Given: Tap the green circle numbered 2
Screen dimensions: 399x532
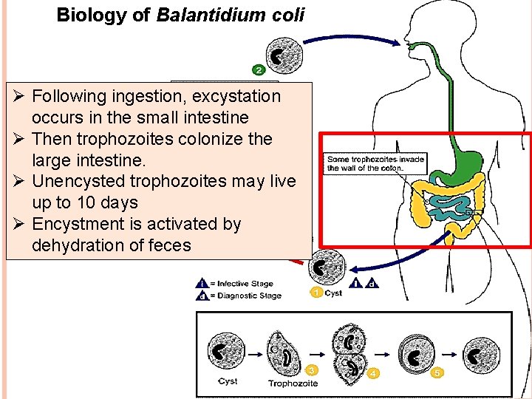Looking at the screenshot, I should coord(259,71).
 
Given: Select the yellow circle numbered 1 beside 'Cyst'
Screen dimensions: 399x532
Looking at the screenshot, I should coord(316,293).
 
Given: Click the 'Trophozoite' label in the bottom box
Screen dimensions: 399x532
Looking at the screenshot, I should coord(293,383).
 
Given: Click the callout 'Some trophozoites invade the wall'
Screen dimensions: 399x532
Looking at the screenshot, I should coord(375,163).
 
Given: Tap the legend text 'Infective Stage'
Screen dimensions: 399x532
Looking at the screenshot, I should coord(245,284).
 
